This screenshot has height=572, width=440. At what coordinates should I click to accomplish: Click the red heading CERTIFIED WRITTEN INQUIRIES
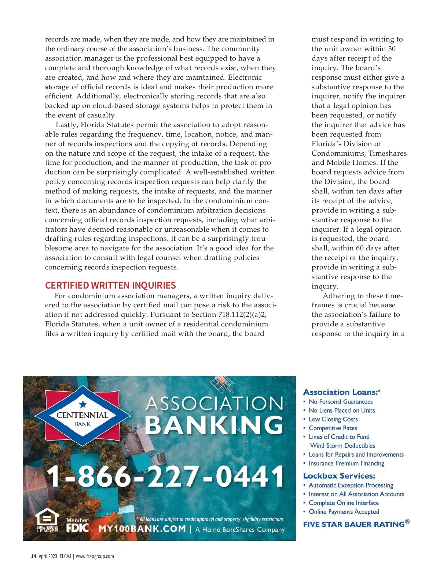pyautogui.click(x=110, y=285)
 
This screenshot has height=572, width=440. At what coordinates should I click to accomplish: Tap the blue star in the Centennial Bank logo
pyautogui.click(x=83, y=404)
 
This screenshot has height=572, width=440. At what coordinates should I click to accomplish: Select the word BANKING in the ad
pyautogui.click(x=214, y=425)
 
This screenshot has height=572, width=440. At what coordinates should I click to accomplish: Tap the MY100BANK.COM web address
pyautogui.click(x=142, y=529)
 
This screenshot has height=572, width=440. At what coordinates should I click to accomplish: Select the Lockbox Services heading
pyautogui.click(x=339, y=476)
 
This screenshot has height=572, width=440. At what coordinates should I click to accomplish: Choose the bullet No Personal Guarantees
pyautogui.click(x=341, y=402)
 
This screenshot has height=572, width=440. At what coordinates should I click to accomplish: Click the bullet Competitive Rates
pyautogui.click(x=333, y=428)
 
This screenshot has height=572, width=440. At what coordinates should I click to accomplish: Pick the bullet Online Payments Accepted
pyautogui.click(x=344, y=512)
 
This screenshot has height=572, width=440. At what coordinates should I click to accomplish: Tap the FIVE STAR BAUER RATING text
pyautogui.click(x=354, y=524)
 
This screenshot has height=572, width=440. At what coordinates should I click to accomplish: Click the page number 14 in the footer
pyautogui.click(x=33, y=556)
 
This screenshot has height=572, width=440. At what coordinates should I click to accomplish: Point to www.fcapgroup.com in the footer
pyautogui.click(x=95, y=556)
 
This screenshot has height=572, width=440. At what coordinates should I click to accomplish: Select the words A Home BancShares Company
pyautogui.click(x=240, y=529)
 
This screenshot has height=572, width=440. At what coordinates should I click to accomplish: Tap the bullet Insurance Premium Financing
pyautogui.click(x=346, y=463)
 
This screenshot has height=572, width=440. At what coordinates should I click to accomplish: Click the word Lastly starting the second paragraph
pyautogui.click(x=66, y=125)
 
